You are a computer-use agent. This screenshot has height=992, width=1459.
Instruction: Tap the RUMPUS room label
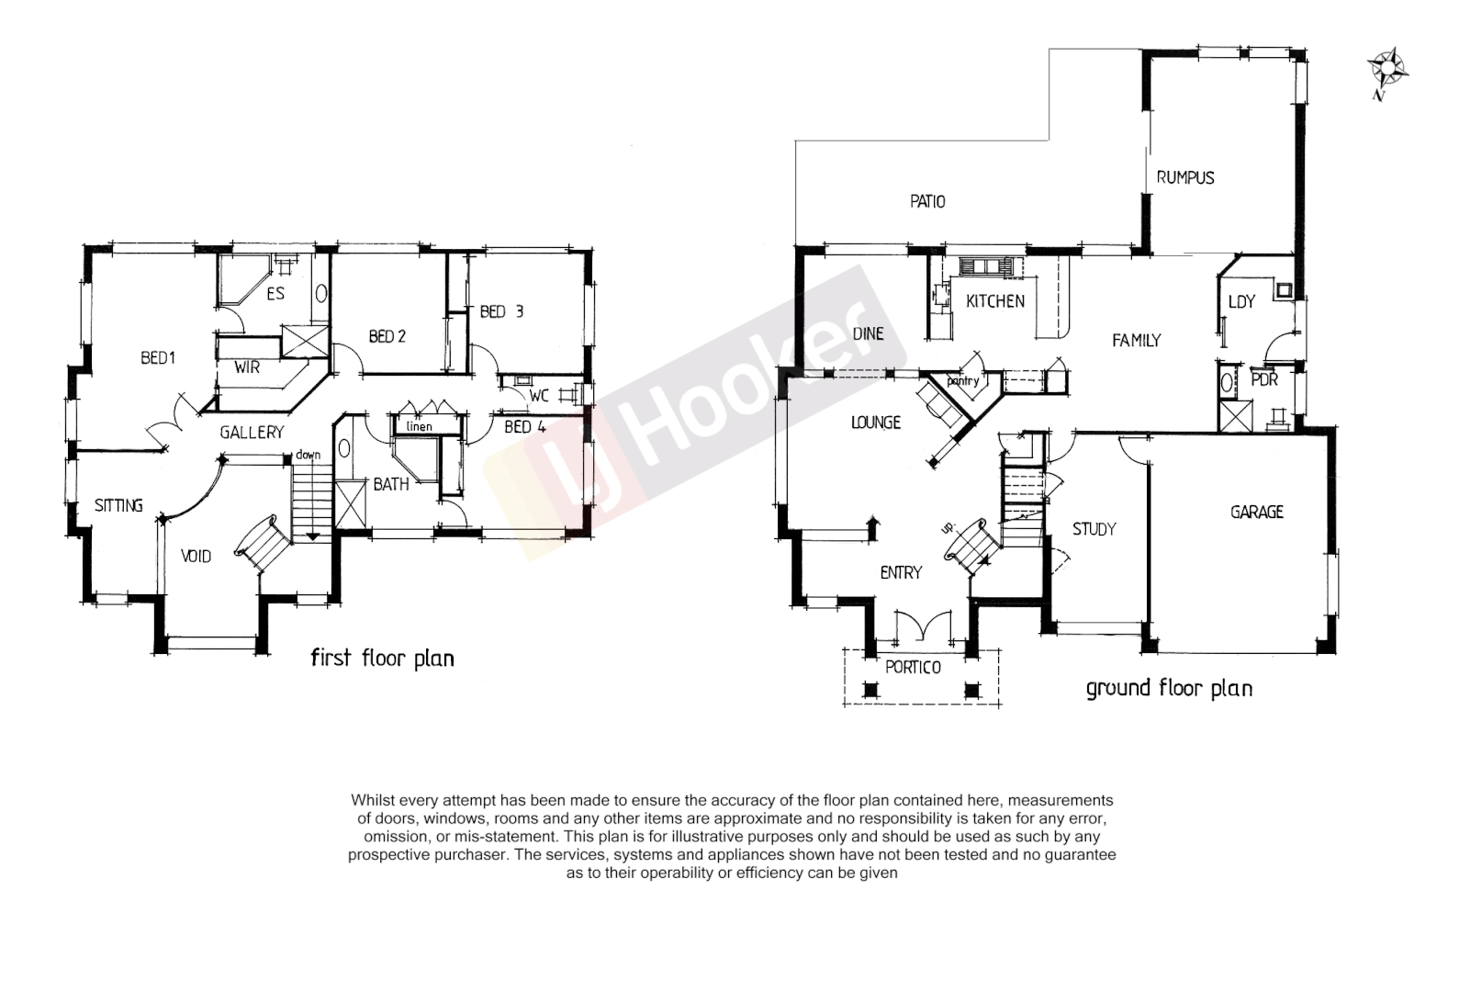(1184, 177)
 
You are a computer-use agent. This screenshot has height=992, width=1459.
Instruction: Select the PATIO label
(927, 201)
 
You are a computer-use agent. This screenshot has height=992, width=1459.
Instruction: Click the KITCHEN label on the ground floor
(995, 301)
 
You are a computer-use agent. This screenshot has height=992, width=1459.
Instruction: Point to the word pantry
(963, 380)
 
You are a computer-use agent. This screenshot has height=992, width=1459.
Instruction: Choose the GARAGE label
(1256, 512)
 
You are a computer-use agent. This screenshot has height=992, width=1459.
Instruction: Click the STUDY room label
(1094, 529)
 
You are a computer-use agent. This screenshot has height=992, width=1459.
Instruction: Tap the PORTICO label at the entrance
(913, 668)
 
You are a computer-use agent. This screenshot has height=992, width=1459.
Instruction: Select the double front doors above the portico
(921, 626)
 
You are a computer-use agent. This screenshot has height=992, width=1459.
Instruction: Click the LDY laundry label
(1241, 301)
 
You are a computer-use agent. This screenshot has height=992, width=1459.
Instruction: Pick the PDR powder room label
(1264, 379)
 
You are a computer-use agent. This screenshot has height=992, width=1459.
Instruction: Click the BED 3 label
(501, 312)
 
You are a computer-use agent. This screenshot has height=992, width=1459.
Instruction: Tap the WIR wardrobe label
(247, 367)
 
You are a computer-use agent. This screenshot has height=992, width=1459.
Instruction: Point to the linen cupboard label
(419, 426)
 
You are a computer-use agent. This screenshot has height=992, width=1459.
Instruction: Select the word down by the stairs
(308, 455)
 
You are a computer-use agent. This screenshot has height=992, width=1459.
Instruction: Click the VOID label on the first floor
(196, 556)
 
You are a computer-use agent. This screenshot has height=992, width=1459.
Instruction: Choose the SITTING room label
(118, 505)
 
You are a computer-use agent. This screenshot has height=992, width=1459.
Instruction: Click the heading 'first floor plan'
(382, 658)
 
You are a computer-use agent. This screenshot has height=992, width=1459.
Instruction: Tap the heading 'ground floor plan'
(1168, 688)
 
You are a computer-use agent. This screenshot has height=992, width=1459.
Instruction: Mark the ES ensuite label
(275, 294)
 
